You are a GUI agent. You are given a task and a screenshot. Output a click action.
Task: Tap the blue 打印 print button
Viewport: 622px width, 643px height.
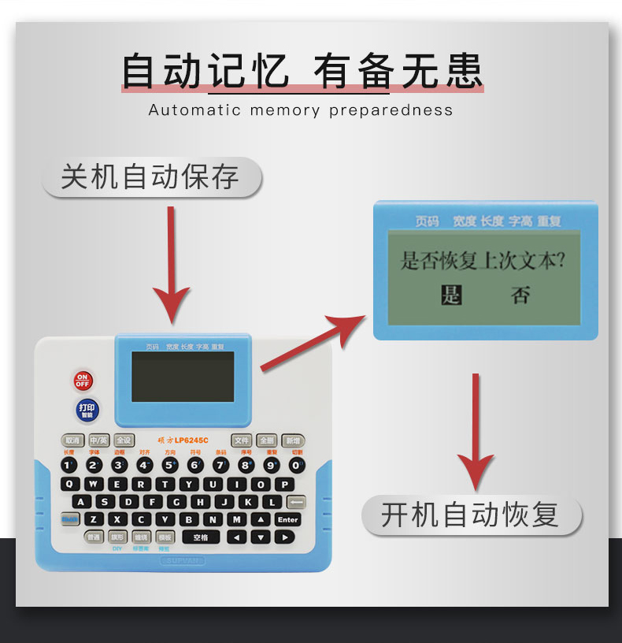coord(87,411)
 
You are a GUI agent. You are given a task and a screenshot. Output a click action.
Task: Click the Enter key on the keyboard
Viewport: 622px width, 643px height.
coord(288,519)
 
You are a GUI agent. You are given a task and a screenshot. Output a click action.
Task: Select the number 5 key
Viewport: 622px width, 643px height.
coord(170,465)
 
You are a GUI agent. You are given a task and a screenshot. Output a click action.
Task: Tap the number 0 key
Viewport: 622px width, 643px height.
coord(297,465)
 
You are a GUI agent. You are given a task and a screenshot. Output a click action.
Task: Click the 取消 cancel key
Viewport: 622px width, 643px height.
coord(72,440)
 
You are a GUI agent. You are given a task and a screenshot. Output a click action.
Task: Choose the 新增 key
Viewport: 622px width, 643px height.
coord(293,440)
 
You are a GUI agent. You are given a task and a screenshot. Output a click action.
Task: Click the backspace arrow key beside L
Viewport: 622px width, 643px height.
coord(296,501)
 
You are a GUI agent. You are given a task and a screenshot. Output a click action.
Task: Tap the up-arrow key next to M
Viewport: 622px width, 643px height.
coord(261,519)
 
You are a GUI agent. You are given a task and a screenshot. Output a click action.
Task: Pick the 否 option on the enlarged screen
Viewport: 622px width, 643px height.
coord(520,295)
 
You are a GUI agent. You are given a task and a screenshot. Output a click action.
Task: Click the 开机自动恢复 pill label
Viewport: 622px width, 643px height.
coord(470,515)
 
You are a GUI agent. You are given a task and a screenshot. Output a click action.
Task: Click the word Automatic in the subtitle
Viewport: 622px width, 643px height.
coord(194,110)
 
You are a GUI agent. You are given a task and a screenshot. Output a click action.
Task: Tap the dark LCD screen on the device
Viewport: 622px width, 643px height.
coord(183,377)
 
